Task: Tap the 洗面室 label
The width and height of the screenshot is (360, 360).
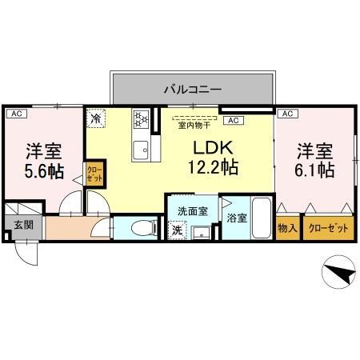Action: pos(194,212)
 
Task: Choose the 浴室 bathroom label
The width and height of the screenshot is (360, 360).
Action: pos(236,217)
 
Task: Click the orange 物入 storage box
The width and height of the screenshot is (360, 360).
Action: pos(288,228)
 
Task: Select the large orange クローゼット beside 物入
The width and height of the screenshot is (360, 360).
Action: pos(329,228)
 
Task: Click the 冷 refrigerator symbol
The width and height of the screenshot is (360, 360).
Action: pos(96,118)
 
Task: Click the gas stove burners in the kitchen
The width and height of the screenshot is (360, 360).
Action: pos(142,119)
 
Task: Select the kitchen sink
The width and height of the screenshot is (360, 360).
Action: pos(141,149)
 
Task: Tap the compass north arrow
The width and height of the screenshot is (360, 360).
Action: pos(338,273)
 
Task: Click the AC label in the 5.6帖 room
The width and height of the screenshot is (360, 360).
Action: pos(14,114)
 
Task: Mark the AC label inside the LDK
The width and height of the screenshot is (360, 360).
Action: pos(234,120)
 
